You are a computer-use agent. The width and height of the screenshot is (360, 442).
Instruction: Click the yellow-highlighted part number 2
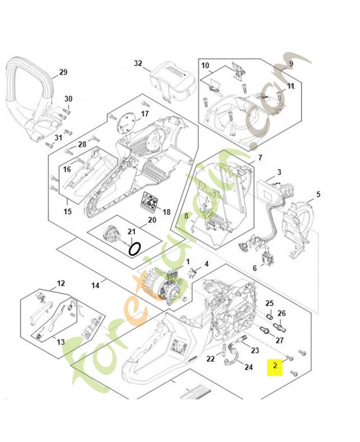275,366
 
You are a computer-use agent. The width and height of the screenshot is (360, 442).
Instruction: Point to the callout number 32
138,64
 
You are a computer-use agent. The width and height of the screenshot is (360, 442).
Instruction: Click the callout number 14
96,285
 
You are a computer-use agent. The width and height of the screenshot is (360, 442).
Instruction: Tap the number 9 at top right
290,64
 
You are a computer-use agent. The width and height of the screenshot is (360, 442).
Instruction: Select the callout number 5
318,194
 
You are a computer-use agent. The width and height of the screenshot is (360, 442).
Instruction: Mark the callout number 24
248,366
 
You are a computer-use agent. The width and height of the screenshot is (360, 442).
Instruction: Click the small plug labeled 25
270,316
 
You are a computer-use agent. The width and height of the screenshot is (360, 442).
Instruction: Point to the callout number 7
260,158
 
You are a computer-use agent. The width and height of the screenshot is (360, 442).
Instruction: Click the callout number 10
205,66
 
